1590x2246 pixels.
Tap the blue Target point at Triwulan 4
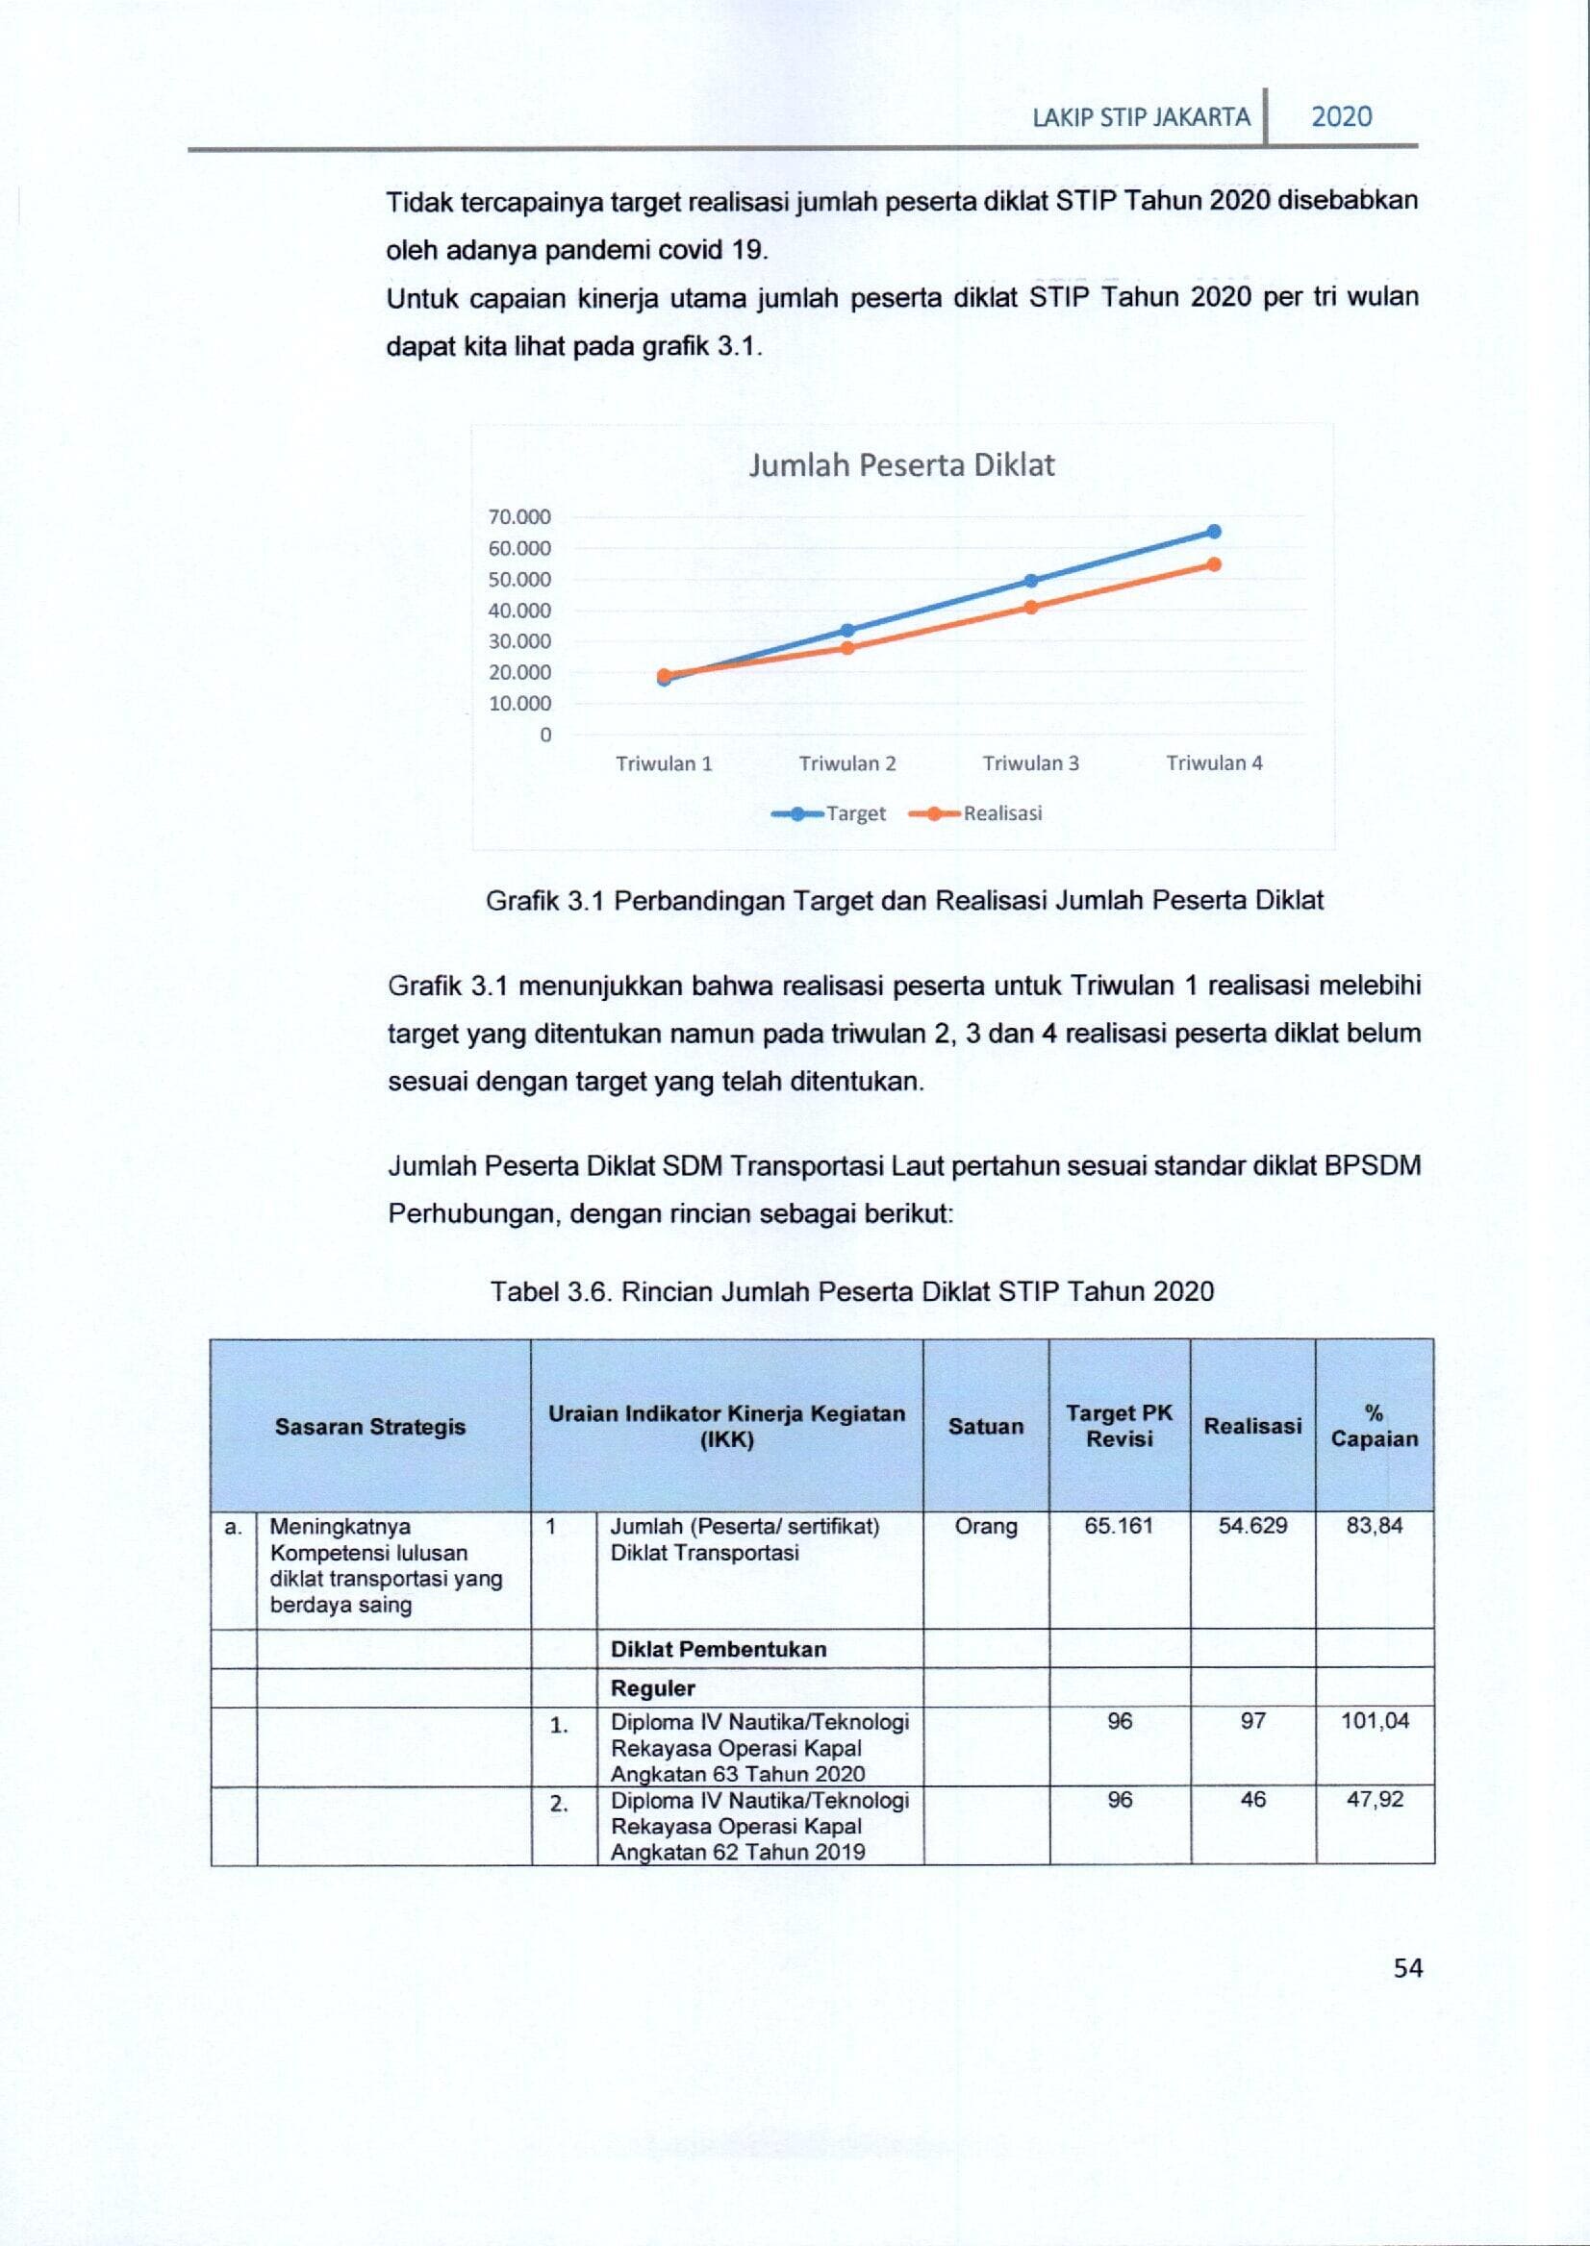point(1214,532)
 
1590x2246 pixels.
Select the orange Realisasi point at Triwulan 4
point(1214,563)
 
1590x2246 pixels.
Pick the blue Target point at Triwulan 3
point(1031,581)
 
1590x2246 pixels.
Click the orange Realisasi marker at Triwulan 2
point(847,648)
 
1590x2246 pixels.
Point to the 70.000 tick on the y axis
point(519,516)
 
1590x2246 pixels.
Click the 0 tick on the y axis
point(545,734)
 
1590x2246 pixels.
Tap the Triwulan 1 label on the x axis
point(664,763)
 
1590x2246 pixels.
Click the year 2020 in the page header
point(1341,117)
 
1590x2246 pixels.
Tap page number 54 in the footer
point(1408,1968)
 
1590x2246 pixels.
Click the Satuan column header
point(985,1426)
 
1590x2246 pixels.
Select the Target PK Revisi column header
point(1119,1426)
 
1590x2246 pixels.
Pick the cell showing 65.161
point(1119,1526)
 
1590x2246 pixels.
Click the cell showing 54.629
point(1252,1526)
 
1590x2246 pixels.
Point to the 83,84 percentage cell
point(1374,1526)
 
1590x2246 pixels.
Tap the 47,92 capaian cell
point(1375,1799)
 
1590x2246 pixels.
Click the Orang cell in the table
point(985,1526)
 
